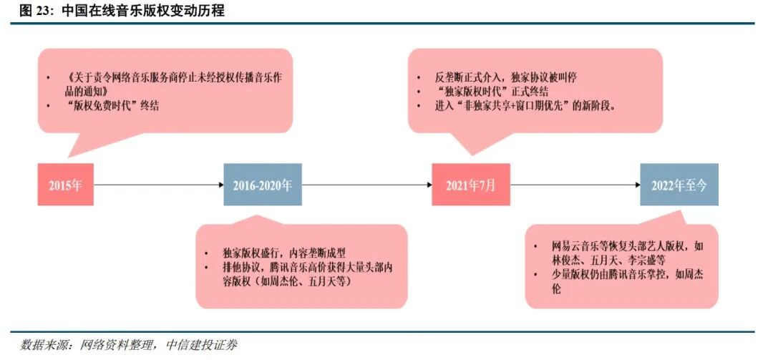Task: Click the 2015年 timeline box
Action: (66, 185)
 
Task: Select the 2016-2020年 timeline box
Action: (263, 185)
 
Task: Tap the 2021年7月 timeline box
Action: (470, 185)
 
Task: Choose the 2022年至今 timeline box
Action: (679, 185)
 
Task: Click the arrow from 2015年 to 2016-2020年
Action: (158, 185)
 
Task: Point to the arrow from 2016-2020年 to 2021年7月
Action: (366, 185)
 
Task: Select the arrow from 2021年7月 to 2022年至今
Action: (575, 185)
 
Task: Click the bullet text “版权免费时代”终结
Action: (111, 106)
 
